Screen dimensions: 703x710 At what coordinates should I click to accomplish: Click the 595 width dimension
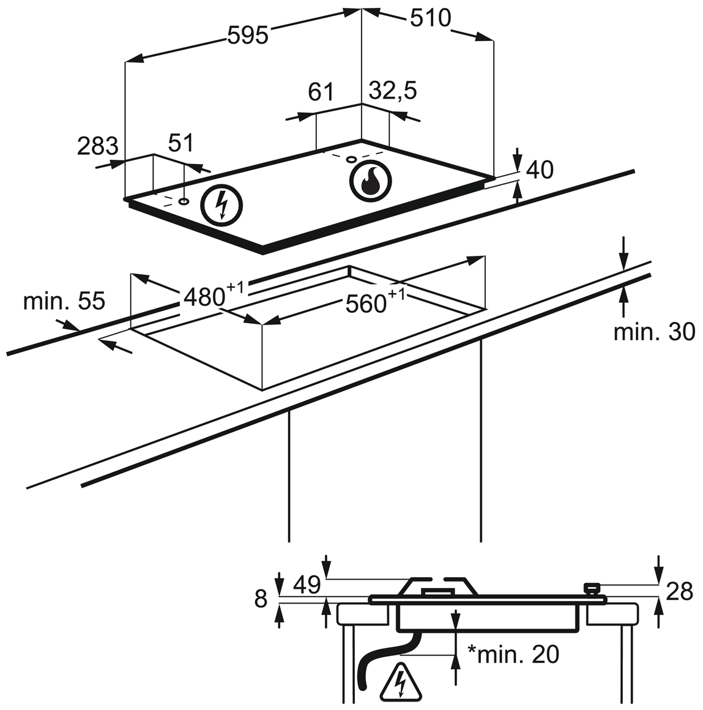tap(248, 35)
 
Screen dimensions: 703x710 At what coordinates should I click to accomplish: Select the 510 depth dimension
tap(431, 18)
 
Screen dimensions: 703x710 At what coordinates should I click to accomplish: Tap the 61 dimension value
tap(321, 91)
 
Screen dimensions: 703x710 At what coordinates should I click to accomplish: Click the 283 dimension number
tap(98, 146)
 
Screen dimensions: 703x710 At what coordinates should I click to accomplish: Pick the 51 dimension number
tap(180, 143)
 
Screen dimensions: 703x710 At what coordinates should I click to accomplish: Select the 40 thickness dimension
tap(540, 170)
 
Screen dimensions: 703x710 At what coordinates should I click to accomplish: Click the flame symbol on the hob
tap(370, 181)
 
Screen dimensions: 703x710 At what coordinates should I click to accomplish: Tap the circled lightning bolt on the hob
tap(221, 206)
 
